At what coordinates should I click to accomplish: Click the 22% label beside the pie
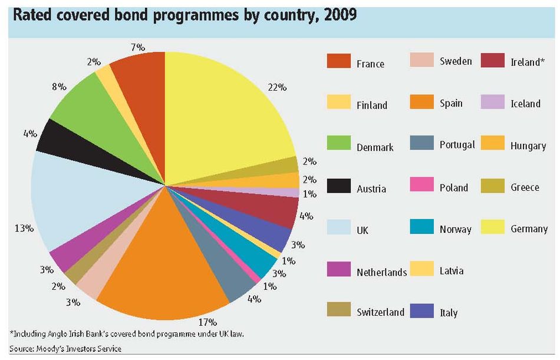pyautogui.click(x=277, y=88)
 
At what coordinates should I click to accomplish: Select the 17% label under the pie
pyautogui.click(x=207, y=322)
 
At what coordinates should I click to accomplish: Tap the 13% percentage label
pyautogui.click(x=24, y=228)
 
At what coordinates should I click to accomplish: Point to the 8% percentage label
pyautogui.click(x=59, y=87)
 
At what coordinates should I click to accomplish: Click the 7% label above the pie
pyautogui.click(x=138, y=48)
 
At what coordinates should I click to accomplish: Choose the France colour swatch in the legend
pyautogui.click(x=338, y=61)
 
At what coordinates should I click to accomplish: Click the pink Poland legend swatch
pyautogui.click(x=422, y=184)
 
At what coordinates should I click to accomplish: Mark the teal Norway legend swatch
pyautogui.click(x=422, y=226)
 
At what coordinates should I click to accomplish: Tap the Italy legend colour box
pyautogui.click(x=422, y=311)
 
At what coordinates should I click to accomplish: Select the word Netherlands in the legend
pyautogui.click(x=381, y=272)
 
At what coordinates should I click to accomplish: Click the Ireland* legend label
pyautogui.click(x=528, y=62)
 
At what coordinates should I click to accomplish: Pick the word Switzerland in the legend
pyautogui.click(x=380, y=312)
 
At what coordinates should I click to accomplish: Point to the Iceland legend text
pyautogui.click(x=525, y=104)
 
